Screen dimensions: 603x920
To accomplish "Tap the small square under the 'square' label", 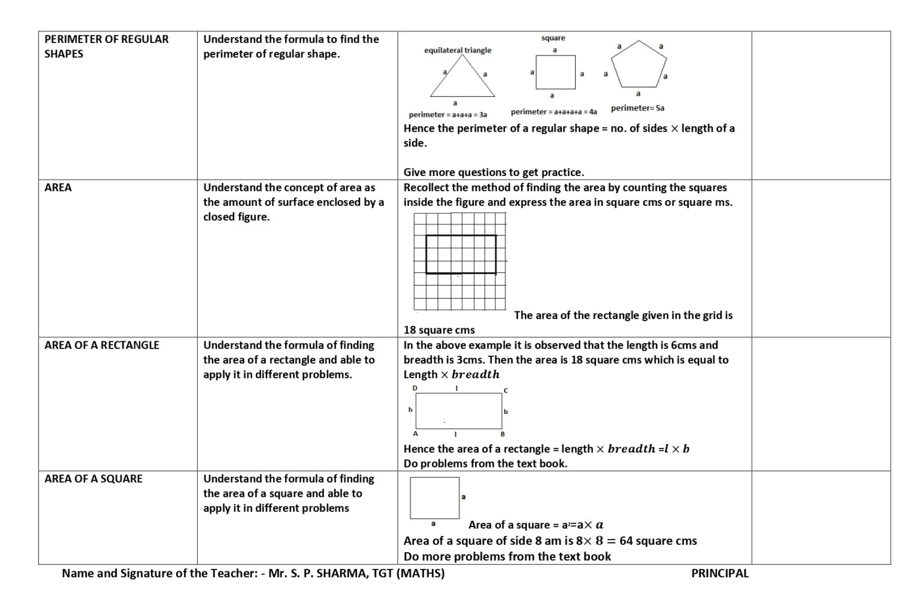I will coord(555,72).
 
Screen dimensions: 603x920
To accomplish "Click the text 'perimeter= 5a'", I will coord(637,108).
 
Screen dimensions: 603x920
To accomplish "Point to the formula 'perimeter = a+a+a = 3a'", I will coord(447,114).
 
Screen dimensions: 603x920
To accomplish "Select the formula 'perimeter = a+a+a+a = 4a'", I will coord(553,112).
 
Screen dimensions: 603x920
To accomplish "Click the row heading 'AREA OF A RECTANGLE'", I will coord(102,346).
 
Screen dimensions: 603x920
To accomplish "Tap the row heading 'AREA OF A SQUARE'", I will coord(93,479).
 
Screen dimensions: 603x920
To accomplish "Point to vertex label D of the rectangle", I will coord(415,389).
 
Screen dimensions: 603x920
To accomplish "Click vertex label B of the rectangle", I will coord(503,434).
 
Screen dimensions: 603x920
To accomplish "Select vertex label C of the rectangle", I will coord(506,390).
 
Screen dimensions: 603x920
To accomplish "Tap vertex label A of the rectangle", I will coord(415,434).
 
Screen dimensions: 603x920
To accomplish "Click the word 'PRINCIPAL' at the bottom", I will coord(719,574).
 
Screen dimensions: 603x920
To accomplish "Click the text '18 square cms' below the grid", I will coord(439,331).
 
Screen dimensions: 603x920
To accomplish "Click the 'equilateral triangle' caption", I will coord(458,50).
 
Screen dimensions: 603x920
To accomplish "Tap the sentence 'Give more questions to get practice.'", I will coord(494,172).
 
